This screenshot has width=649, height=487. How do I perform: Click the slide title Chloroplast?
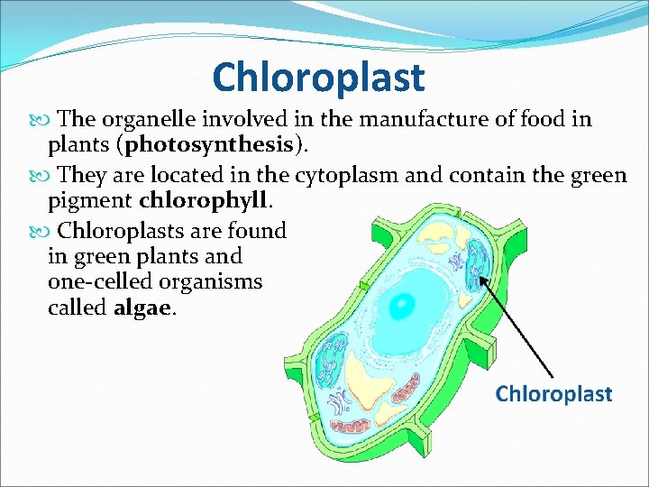pos(317,78)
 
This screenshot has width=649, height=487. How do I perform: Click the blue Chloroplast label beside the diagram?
pos(553,394)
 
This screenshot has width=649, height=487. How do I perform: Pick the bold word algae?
pos(145,308)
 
